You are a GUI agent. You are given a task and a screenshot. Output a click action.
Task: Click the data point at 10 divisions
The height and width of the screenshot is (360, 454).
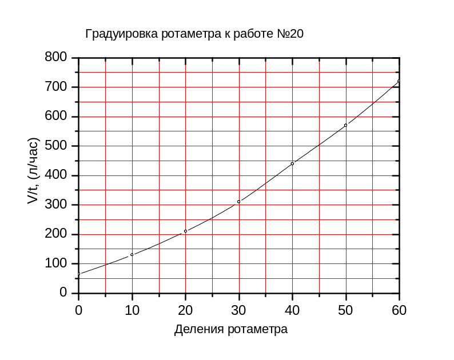click(132, 254)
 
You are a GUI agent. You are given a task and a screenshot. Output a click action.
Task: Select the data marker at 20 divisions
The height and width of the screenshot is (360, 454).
click(185, 231)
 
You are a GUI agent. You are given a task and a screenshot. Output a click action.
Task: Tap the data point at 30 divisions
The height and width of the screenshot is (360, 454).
click(239, 201)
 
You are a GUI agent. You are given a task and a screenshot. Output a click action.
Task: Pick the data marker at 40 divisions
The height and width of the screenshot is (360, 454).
click(292, 163)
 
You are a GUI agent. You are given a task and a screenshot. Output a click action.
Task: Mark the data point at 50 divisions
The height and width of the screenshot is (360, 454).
click(346, 125)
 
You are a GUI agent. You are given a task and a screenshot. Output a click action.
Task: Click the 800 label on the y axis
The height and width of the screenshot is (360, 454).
click(56, 58)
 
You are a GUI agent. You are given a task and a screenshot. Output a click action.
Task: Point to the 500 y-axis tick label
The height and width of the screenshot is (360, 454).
click(56, 146)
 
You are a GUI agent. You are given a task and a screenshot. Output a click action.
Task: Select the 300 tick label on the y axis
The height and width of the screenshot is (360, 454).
click(56, 205)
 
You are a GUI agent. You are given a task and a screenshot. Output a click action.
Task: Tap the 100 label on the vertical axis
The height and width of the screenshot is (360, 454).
click(56, 263)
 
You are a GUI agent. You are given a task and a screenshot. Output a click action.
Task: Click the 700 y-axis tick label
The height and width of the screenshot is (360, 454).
click(56, 87)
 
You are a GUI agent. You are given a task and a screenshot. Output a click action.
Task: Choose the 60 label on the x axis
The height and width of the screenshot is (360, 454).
click(399, 310)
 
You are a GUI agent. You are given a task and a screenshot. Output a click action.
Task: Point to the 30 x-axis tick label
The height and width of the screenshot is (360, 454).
click(239, 310)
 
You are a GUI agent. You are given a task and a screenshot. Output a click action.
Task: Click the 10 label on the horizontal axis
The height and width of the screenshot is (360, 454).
click(132, 310)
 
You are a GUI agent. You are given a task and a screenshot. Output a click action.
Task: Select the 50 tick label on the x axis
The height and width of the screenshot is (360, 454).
click(346, 310)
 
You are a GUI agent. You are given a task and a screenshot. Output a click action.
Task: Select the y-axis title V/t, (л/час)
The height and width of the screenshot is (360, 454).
click(34, 171)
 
